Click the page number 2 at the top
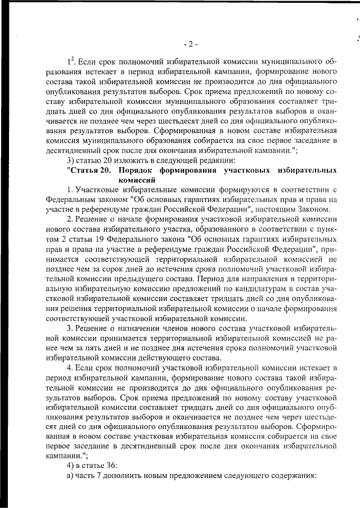(190, 44)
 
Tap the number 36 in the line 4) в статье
(111, 464)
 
